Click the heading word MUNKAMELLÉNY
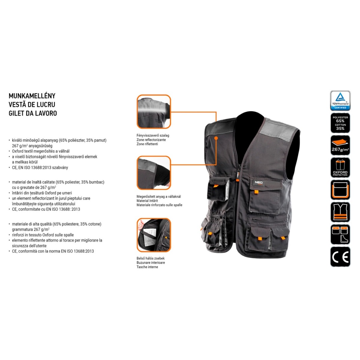[32, 96]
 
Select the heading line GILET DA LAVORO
[33, 113]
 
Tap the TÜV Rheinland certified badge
[340, 100]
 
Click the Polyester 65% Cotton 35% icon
[340, 123]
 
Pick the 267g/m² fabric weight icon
[340, 145]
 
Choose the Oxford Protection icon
[340, 167]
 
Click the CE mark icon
[340, 256]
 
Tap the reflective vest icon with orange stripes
[340, 212]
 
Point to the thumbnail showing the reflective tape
[154, 112]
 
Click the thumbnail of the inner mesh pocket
[154, 235]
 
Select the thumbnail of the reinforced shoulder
[154, 173]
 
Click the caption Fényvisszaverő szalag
[153, 135]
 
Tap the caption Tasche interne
[147, 267]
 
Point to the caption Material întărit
[147, 201]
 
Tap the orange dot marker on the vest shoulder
[216, 138]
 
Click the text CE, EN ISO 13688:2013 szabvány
[40, 168]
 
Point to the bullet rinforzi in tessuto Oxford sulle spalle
[43, 235]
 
